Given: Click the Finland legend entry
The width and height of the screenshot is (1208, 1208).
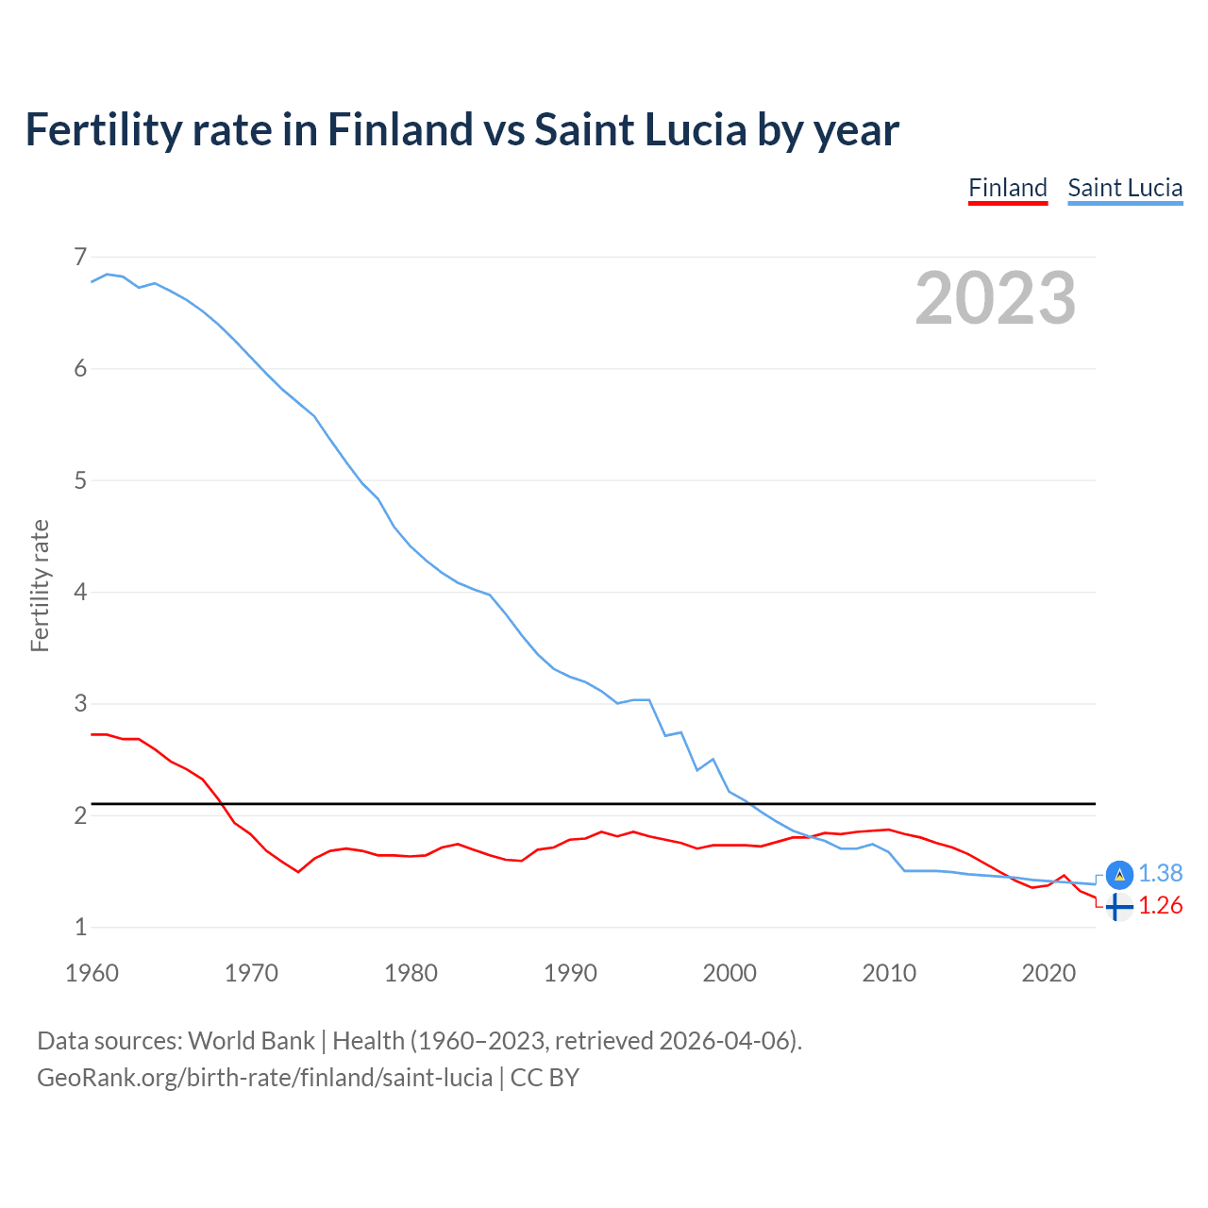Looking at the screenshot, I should click(1007, 188).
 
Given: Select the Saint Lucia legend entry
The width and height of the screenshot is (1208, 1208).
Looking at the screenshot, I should click(1124, 188).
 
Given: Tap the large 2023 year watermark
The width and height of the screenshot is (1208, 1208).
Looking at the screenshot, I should click(995, 298).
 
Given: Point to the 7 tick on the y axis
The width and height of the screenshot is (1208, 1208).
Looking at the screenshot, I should click(80, 257).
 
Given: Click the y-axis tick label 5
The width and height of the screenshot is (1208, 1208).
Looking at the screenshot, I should click(80, 480).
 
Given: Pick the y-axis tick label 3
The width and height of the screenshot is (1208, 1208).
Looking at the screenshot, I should click(80, 704).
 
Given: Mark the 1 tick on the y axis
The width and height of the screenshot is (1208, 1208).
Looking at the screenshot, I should click(80, 928).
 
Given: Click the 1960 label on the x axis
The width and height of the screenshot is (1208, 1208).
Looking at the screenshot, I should click(92, 973).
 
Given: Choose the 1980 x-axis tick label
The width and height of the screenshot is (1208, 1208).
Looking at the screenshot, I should click(411, 973).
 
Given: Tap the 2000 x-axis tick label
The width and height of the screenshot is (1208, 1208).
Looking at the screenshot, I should click(730, 973).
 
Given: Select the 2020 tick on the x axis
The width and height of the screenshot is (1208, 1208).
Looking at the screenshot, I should click(1049, 973).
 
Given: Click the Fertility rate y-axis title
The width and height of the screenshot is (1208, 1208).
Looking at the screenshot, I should click(40, 585).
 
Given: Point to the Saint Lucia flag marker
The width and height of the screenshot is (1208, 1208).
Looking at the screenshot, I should click(1118, 875).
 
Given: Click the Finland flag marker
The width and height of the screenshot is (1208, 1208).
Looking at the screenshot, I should click(1118, 907).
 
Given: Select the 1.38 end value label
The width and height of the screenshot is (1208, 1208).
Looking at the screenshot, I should click(1160, 874).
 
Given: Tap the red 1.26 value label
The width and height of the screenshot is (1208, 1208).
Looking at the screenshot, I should click(1160, 906).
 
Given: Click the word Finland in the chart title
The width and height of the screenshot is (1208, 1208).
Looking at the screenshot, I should click(399, 129).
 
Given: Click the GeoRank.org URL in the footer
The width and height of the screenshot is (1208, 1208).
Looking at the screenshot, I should click(264, 1078).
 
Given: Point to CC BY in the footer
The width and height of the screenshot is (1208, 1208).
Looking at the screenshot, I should click(545, 1078).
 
